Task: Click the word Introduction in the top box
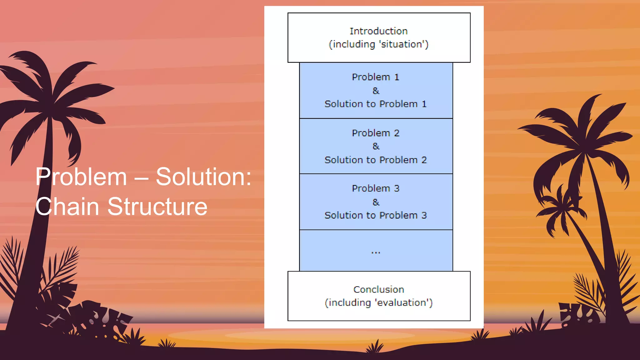pos(378,31)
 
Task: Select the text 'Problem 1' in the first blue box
pos(375,77)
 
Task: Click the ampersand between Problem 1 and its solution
pos(376,91)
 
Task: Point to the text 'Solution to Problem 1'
pos(375,104)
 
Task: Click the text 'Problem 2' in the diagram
pos(375,133)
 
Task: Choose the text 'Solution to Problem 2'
pos(375,160)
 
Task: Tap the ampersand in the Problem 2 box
pos(376,146)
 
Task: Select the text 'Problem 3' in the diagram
pos(375,188)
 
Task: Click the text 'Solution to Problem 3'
pos(375,215)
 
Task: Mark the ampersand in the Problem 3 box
pos(376,202)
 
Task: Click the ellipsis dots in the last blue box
pos(376,252)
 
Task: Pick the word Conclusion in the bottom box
pos(378,290)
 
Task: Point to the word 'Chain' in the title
pos(67,207)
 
